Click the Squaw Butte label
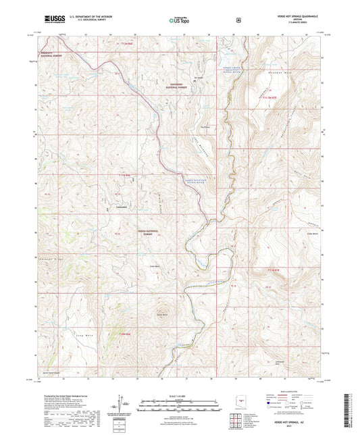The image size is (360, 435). (162, 315)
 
